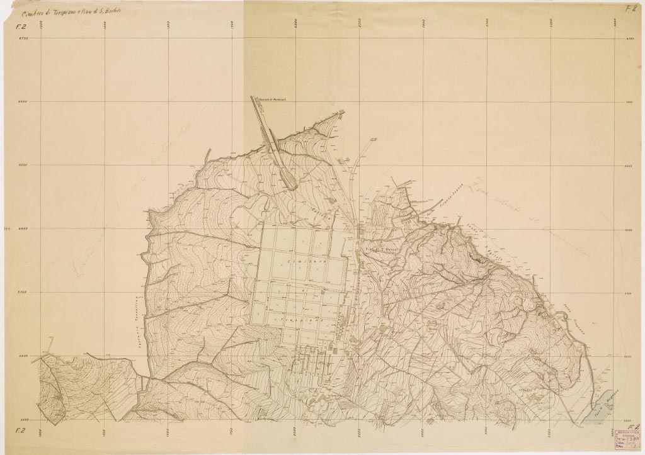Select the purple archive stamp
624,439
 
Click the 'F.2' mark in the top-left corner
13,27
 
